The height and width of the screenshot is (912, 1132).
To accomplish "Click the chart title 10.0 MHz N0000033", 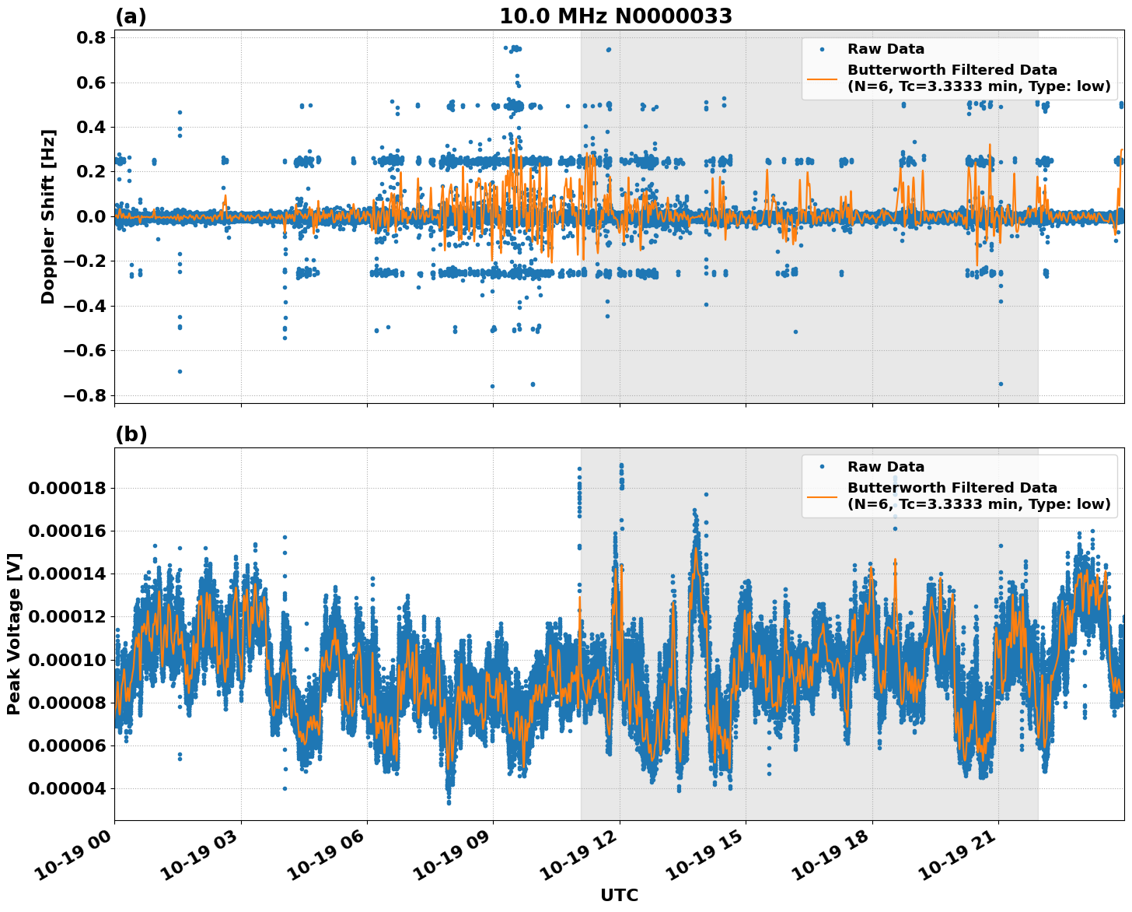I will (x=615, y=16).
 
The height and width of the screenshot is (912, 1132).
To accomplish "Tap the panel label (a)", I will (x=131, y=16).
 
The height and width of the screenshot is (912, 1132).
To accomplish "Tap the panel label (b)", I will (x=131, y=434).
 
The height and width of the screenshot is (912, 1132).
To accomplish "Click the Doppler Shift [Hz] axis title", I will (x=48, y=216).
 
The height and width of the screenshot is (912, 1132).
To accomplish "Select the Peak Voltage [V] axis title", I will (x=14, y=633).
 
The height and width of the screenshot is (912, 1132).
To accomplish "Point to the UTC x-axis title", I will (x=619, y=895).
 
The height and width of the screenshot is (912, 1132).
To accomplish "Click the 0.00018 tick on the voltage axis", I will (x=66, y=489).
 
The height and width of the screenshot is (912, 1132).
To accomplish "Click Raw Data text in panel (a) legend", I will (x=886, y=49).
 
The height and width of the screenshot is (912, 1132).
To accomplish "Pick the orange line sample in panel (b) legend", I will (x=822, y=496).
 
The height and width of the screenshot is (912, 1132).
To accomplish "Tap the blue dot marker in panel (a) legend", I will (x=822, y=49).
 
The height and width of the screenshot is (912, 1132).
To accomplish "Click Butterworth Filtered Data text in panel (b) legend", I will (x=952, y=488).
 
